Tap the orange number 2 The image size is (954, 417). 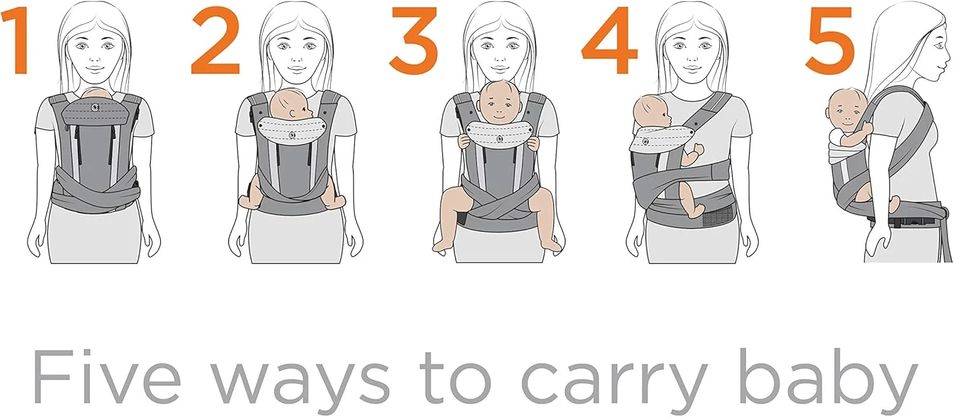(216, 41)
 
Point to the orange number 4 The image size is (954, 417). (609, 41)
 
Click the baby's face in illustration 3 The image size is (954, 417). (499, 105)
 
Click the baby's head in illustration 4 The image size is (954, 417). (652, 114)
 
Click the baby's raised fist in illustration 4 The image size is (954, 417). (698, 149)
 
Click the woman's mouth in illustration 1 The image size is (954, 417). (95, 70)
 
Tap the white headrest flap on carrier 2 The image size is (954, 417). (292, 129)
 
